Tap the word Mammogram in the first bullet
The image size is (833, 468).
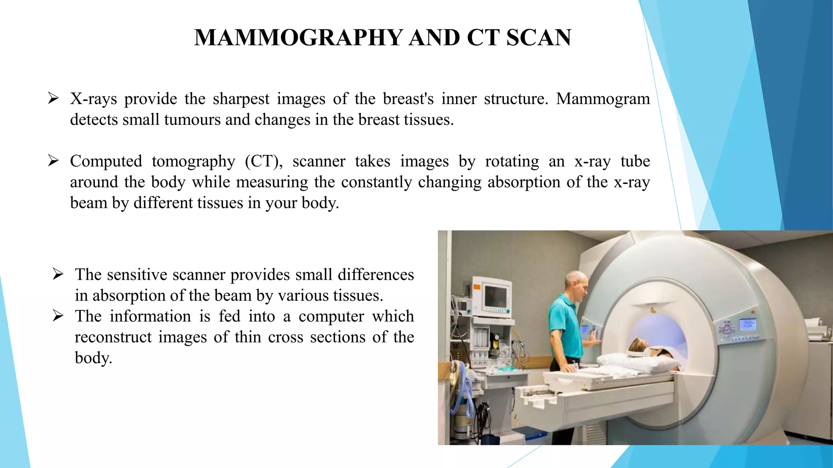[603, 99]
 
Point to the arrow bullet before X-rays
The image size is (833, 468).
[53, 98]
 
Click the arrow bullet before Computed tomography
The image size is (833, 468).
[53, 160]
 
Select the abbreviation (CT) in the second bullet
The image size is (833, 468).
[264, 161]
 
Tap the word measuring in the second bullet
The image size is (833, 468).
[272, 182]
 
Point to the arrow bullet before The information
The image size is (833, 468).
[58, 316]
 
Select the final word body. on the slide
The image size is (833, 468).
[93, 358]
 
